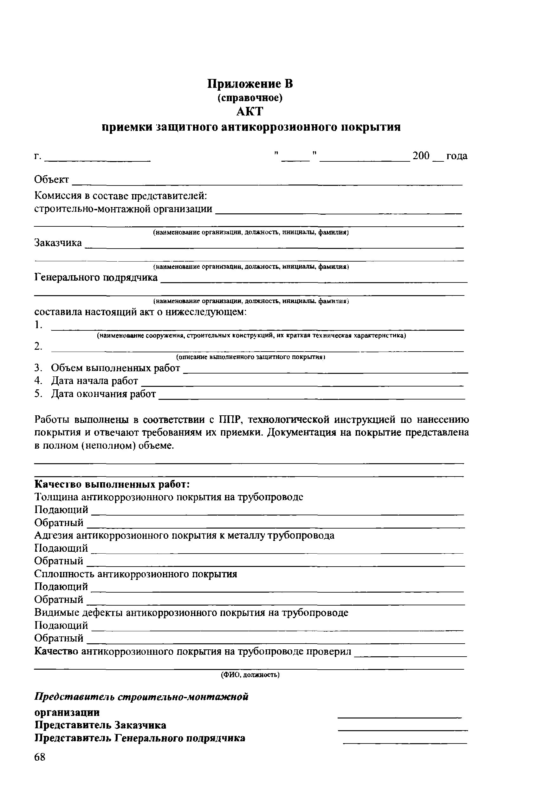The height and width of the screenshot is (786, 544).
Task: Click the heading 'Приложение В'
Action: tap(250, 84)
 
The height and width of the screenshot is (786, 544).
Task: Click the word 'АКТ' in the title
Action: tap(250, 112)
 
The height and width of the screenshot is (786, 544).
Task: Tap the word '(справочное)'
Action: tap(250, 98)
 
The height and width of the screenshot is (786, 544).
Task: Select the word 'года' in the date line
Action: tap(457, 156)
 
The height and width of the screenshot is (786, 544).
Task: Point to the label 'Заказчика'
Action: tap(58, 243)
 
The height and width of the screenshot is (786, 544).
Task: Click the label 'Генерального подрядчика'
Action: tap(96, 277)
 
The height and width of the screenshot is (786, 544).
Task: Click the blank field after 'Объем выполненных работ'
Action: tap(326, 371)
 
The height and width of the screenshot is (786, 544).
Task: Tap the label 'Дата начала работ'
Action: tap(94, 381)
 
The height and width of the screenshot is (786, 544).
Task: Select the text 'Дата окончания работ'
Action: tap(103, 394)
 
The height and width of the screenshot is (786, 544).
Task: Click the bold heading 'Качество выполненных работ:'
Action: tap(112, 484)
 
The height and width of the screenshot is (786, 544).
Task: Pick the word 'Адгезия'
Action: tap(54, 536)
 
